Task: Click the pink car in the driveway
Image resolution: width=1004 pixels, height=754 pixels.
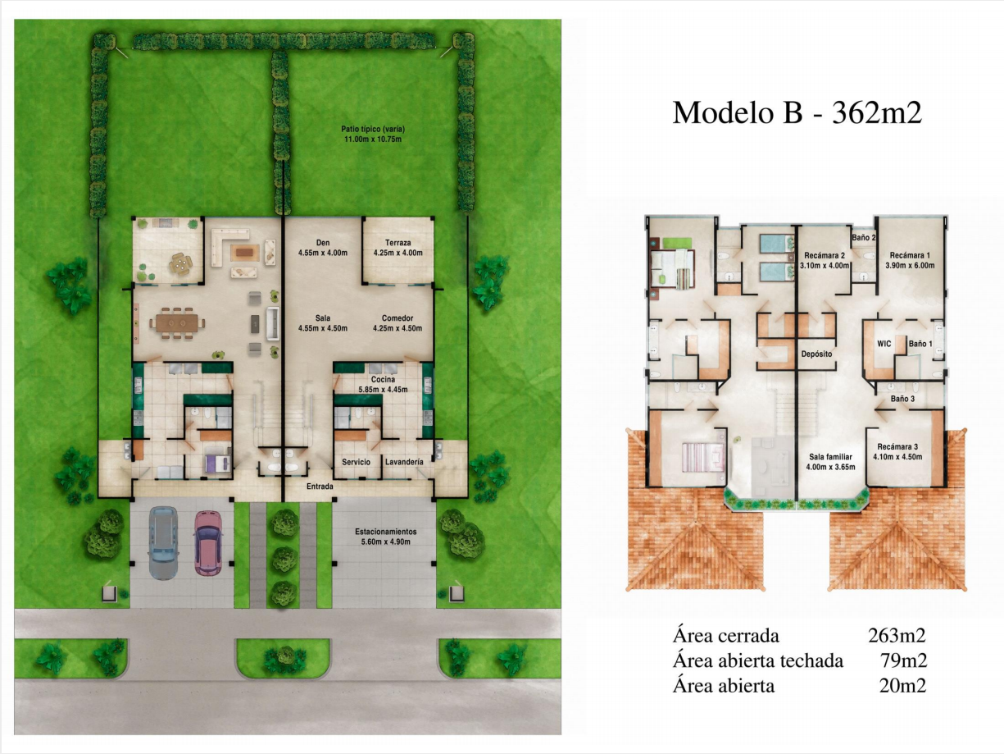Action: coord(208,542)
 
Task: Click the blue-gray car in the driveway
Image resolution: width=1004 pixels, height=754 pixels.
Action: coord(163,543)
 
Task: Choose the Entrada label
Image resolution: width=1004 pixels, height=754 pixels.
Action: coord(320,487)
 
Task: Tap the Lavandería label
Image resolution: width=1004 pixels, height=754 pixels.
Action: coord(404,462)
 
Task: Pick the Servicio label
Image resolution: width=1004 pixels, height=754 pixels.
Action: coord(357,462)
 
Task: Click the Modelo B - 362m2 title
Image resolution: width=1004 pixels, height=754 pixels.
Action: coord(797,112)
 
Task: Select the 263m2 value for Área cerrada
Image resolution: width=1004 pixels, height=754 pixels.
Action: coord(897,635)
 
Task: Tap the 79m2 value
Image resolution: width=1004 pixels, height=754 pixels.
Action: coord(903,660)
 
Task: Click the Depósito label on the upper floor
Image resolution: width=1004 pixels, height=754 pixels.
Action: coord(816,354)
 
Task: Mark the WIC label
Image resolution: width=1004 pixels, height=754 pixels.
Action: coord(884,344)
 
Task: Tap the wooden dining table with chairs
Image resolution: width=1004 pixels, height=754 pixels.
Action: coord(177,323)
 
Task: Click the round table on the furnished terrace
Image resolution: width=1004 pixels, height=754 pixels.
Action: coord(179,263)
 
